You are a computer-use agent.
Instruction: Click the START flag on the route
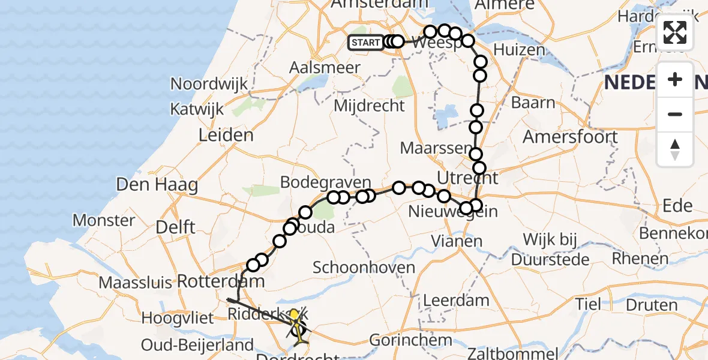365,42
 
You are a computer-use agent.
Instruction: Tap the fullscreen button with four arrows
675,32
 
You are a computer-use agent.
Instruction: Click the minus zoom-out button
675,114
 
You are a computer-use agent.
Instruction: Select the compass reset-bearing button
675,149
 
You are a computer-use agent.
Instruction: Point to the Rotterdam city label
221,281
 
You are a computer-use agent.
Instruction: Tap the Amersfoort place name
570,137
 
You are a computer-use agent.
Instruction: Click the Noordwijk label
209,84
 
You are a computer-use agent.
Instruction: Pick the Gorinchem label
410,340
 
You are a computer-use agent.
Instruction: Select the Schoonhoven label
364,267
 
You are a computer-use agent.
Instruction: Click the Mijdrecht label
369,106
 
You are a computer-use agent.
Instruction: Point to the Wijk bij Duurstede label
550,250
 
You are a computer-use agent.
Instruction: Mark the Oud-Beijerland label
197,345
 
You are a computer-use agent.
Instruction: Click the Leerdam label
456,300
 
